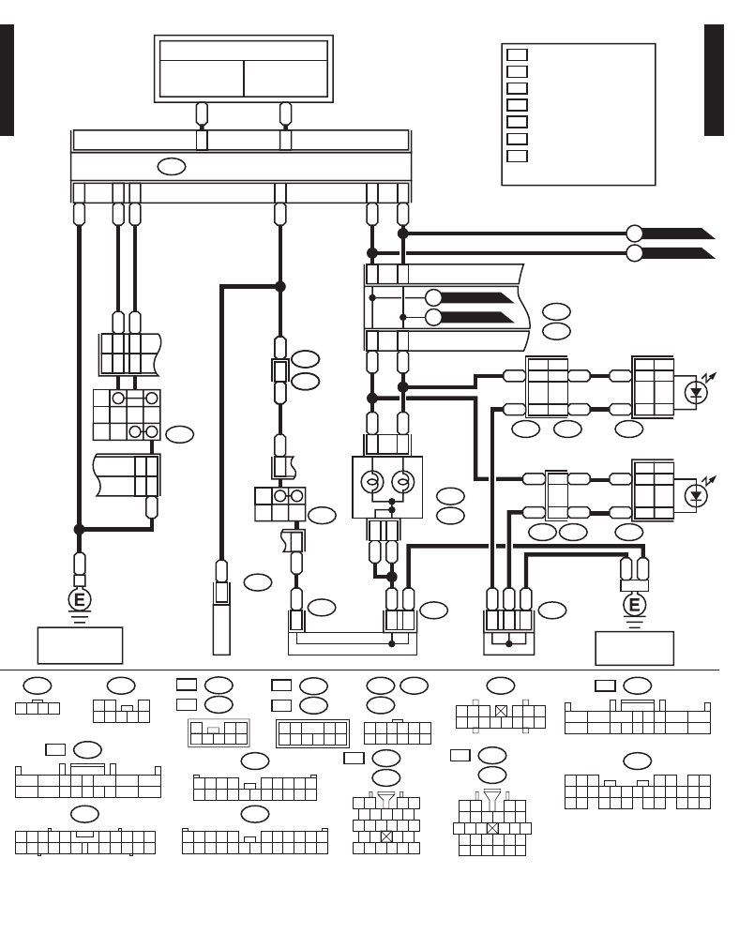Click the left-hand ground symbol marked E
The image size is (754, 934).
80,600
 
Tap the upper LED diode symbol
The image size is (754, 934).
695,392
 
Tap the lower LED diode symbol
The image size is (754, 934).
695,495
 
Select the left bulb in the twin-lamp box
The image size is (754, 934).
371,483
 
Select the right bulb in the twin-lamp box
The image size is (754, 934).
402,483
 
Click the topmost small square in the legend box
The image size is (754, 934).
517,54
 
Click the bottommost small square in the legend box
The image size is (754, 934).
517,156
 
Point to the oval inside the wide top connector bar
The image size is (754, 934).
171,167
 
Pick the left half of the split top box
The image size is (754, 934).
202,79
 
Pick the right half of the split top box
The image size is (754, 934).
285,79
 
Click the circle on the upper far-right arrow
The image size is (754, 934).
635,233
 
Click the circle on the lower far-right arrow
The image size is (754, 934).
635,253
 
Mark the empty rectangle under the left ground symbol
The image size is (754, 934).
80,645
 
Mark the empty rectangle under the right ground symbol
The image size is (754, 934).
635,648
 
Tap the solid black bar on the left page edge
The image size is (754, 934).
7,81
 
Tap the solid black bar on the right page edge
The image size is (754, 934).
714,81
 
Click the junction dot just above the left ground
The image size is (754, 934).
80,530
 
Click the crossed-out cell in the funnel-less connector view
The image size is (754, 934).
501,711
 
